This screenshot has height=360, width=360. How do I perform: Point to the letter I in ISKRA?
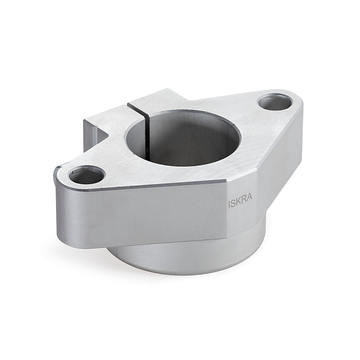(229, 205)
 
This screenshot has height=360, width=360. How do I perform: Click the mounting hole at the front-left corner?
(86, 174)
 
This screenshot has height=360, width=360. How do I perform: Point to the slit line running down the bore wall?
(148, 138)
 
